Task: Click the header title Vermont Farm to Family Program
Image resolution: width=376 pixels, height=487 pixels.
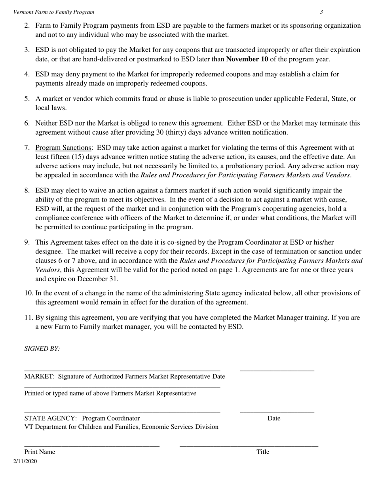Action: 54,12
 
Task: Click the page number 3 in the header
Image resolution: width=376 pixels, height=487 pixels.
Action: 321,12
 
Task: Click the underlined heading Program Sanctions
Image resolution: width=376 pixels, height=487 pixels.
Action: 63,148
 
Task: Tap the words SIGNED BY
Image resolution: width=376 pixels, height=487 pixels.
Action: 42,349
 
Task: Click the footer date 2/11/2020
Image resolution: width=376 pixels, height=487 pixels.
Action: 25,461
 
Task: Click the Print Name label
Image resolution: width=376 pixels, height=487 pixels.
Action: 40,452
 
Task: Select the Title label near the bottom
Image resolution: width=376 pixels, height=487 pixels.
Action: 263,452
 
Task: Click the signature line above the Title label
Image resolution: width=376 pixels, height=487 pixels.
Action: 249,447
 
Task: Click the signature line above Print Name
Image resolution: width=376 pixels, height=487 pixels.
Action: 92,447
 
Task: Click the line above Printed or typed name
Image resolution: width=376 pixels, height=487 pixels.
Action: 122,388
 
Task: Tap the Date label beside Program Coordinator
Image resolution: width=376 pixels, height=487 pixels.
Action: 274,418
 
